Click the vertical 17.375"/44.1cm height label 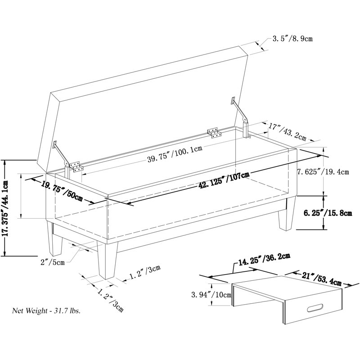pyautogui.click(x=6, y=207)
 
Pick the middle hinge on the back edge pyautogui.click(x=214, y=132)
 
